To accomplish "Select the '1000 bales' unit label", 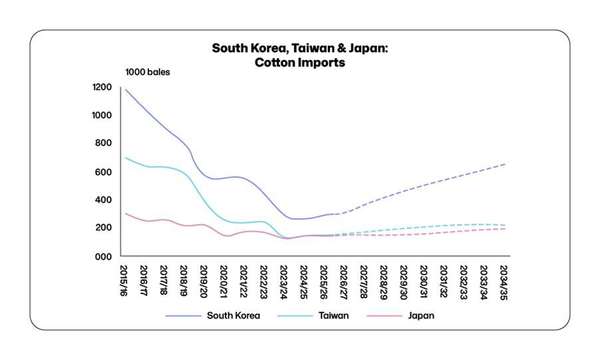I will click(x=148, y=72).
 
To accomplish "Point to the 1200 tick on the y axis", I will click(x=102, y=87).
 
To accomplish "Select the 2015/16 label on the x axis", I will click(x=124, y=279).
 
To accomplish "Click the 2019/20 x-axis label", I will click(x=204, y=279).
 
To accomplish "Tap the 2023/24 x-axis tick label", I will click(x=285, y=279).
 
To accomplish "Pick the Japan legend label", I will click(x=420, y=315).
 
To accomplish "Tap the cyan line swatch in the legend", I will click(x=290, y=315).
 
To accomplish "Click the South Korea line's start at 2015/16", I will click(x=124, y=89).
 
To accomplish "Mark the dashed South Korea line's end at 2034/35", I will click(x=505, y=164).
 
